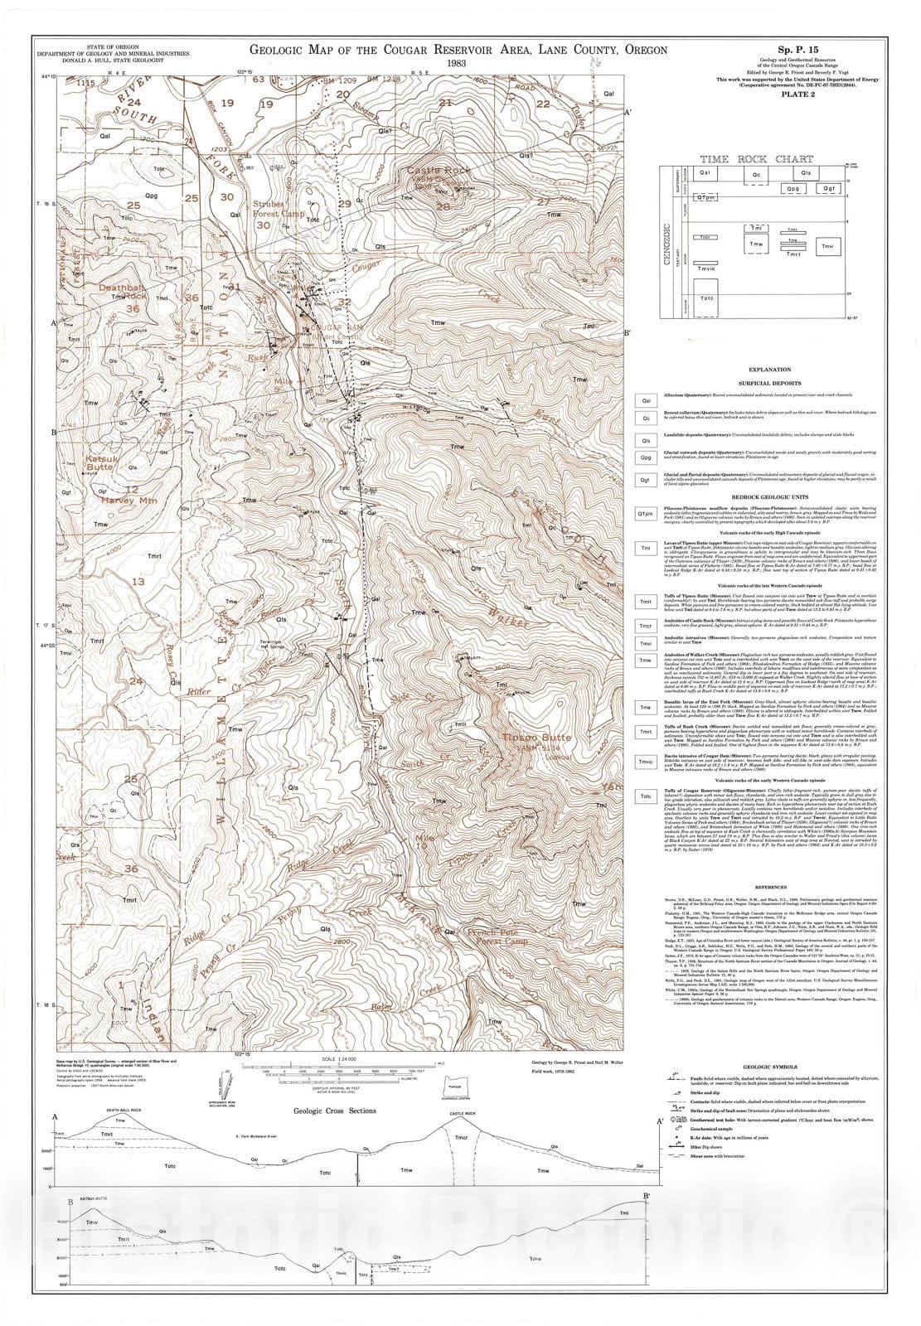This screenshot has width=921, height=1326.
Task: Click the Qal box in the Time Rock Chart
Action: click(x=707, y=172)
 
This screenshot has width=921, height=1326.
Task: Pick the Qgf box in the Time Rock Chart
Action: click(x=830, y=189)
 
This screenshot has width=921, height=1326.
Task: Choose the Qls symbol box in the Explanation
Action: click(x=646, y=440)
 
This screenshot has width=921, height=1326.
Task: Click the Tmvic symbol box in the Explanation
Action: click(x=646, y=762)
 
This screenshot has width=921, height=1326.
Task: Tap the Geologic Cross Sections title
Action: click(x=334, y=1111)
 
